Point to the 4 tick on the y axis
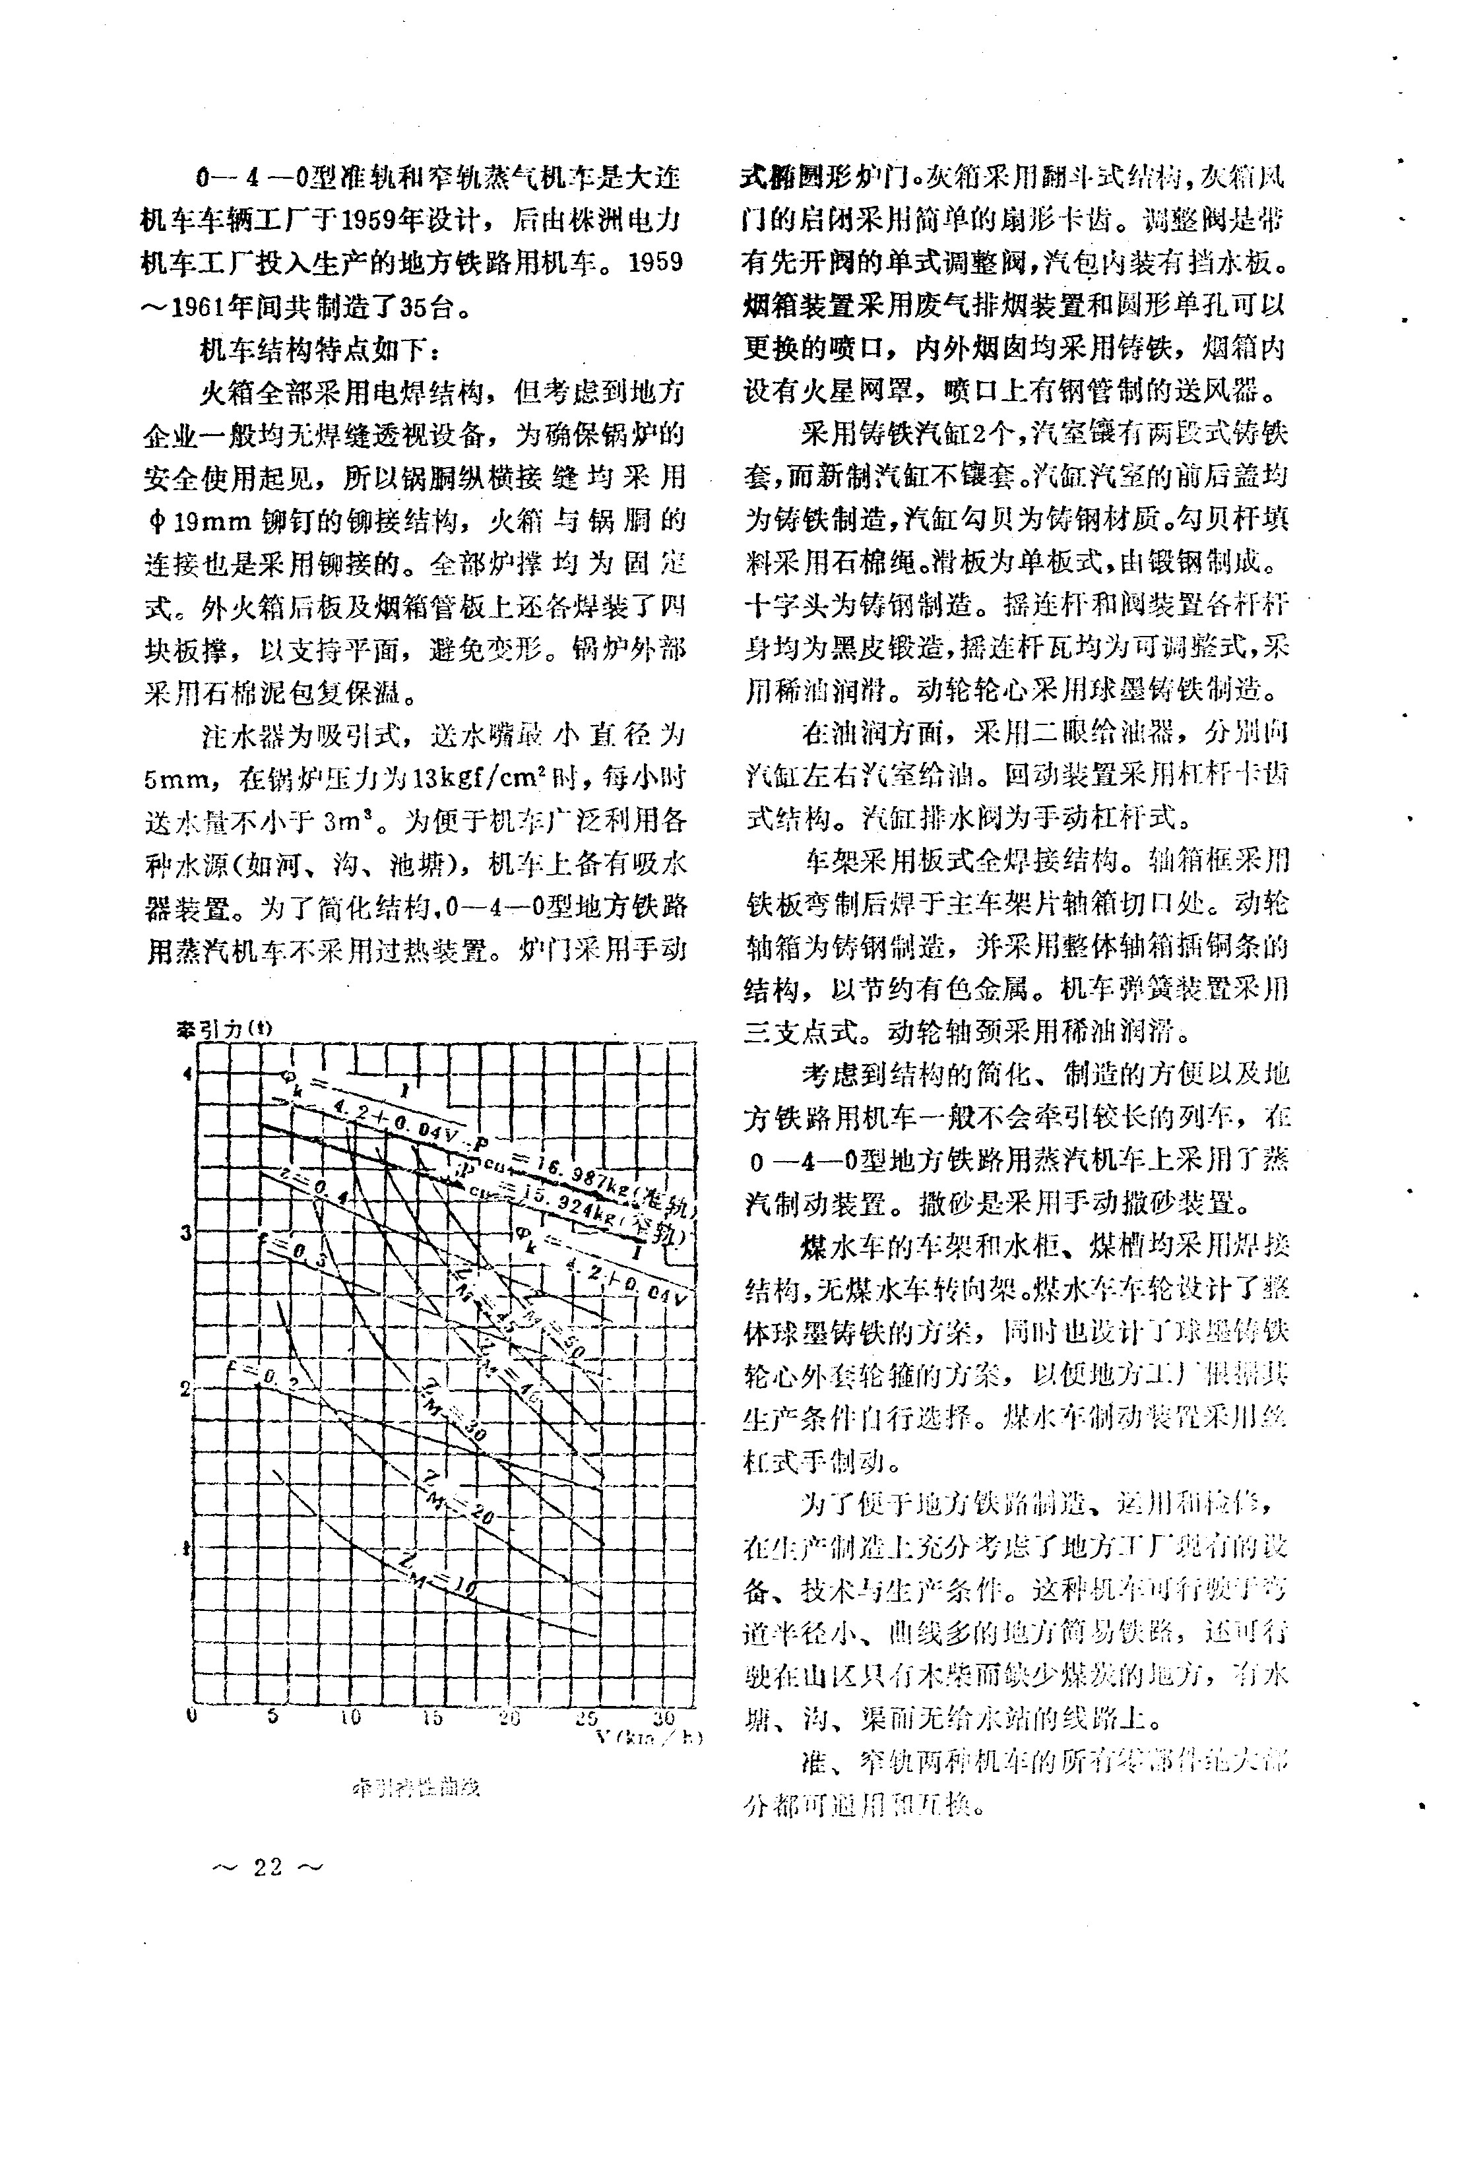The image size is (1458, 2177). tap(186, 1073)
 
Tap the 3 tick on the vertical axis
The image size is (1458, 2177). tap(186, 1232)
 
